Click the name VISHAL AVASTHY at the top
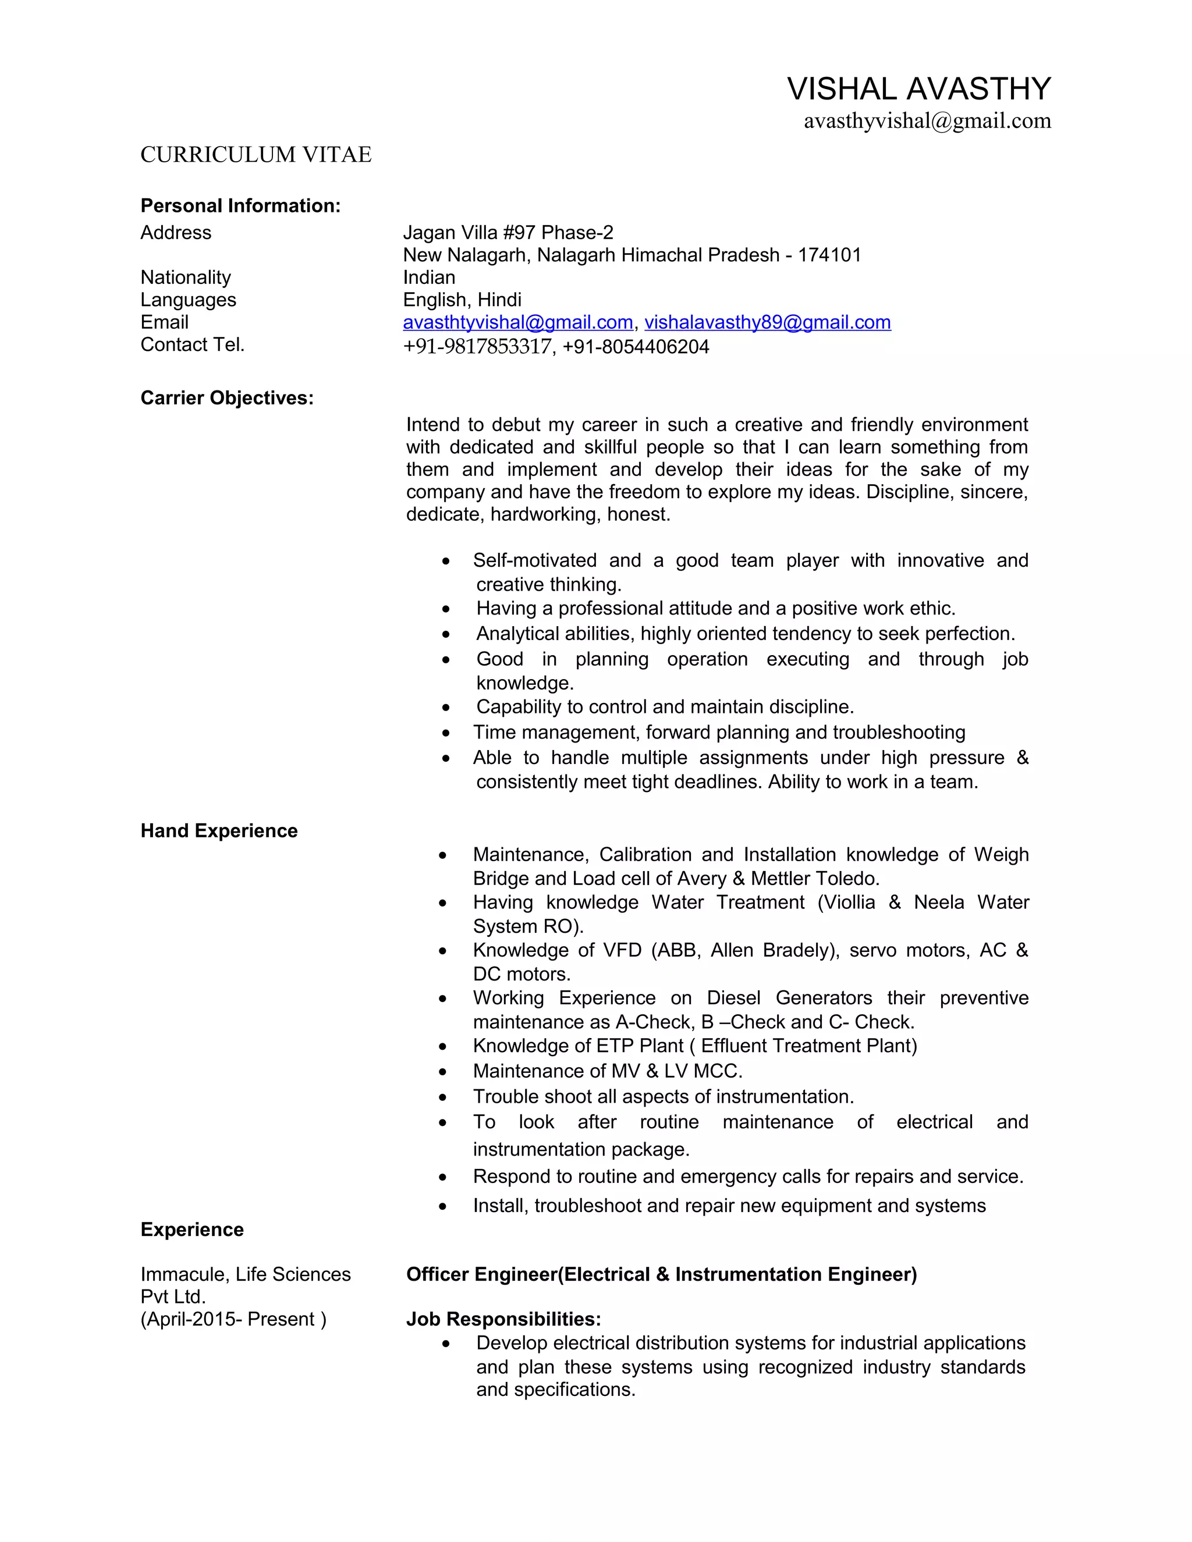918,90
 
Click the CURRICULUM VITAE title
256,155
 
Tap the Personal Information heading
240,205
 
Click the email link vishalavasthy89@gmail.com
767,323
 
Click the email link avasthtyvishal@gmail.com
517,323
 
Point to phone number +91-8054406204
636,347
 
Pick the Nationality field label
186,278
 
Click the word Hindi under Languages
499,300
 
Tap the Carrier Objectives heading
226,398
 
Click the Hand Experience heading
219,830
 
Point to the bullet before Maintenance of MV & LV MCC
443,1072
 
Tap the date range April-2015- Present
233,1319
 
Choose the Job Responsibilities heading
503,1319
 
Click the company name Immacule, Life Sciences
245,1274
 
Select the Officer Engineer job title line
661,1274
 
